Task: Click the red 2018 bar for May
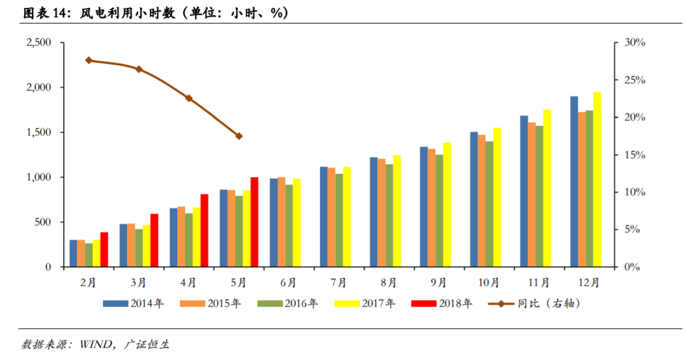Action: (254, 222)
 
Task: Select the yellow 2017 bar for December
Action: (597, 180)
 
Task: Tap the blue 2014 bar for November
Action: (524, 191)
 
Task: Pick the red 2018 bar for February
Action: (104, 249)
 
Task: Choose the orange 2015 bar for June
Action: (281, 222)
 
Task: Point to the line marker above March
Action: (139, 69)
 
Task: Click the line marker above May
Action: (239, 136)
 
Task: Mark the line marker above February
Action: (89, 61)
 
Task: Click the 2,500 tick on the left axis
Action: (38, 42)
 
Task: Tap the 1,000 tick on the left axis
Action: (38, 177)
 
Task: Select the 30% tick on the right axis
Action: (634, 42)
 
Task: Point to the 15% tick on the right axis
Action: (634, 155)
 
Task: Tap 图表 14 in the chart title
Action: (43, 12)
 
